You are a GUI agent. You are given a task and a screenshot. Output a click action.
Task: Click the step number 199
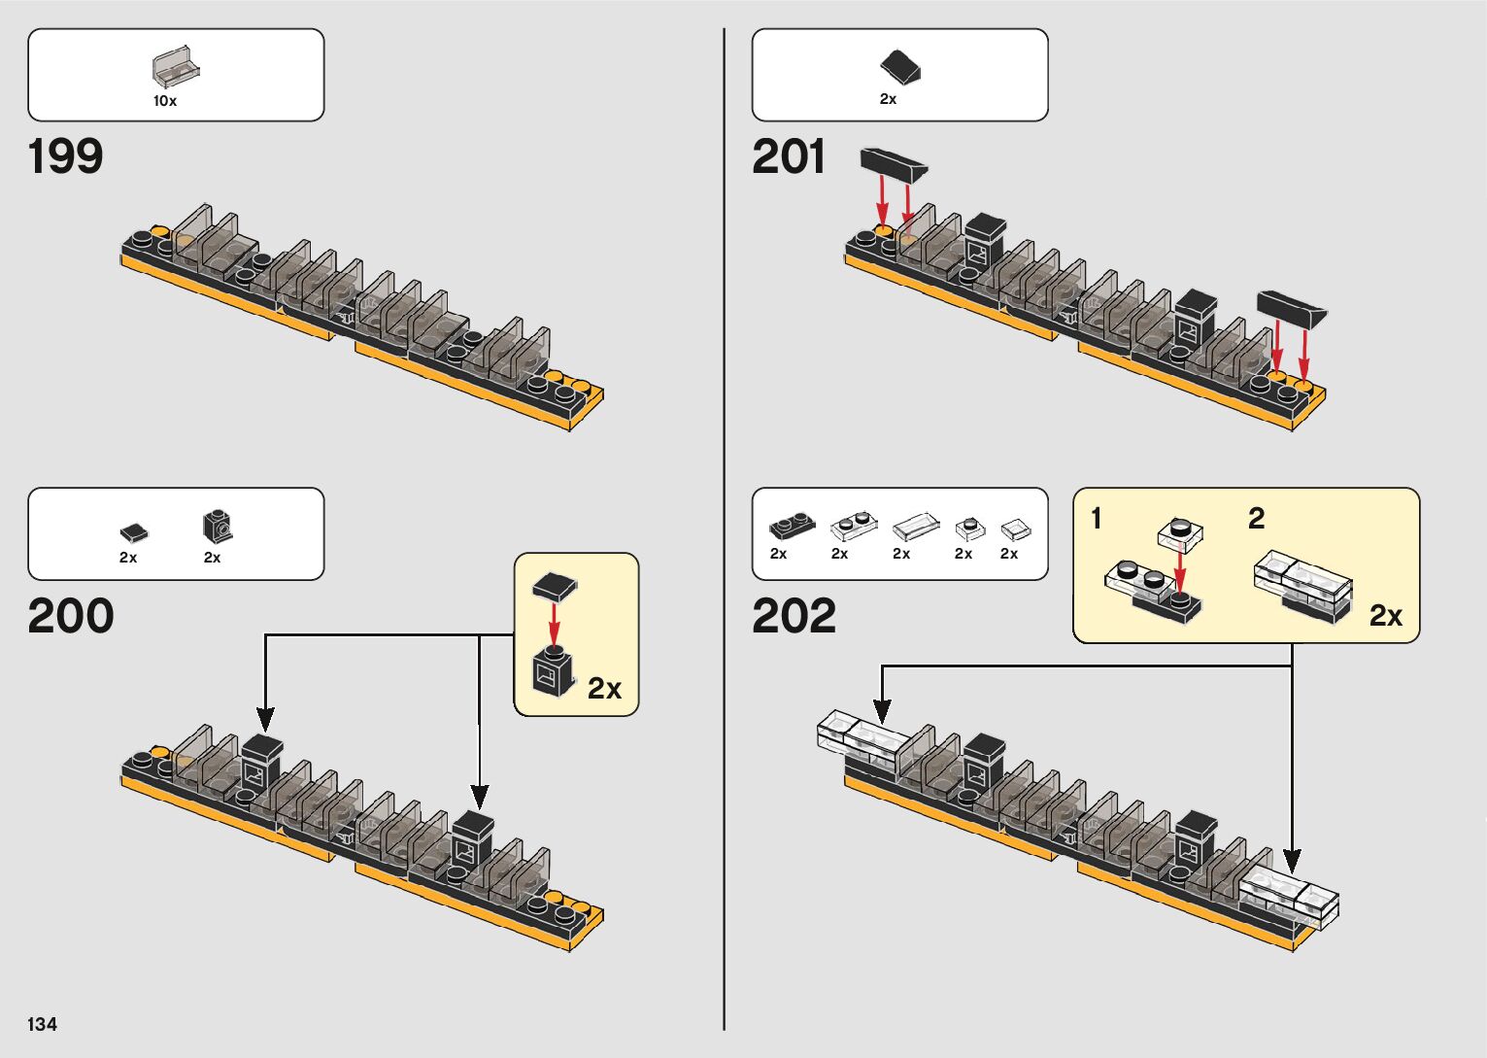(65, 156)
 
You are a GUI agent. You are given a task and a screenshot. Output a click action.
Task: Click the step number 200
(71, 616)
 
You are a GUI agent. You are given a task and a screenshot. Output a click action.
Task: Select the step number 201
(789, 156)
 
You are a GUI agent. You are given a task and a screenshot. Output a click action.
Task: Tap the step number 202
(794, 616)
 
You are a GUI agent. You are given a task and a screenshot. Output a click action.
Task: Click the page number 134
(43, 1024)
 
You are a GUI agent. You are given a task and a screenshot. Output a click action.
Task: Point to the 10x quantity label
(165, 101)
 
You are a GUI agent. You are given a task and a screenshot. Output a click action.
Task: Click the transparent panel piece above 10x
(176, 66)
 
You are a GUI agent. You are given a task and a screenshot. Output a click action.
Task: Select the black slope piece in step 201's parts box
(900, 67)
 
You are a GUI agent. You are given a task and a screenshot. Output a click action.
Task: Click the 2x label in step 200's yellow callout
(604, 688)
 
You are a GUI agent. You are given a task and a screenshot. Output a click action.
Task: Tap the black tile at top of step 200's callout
(555, 586)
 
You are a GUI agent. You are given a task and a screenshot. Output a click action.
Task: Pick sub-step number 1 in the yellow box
(1097, 519)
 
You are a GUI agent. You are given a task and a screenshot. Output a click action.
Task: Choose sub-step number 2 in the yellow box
(1256, 519)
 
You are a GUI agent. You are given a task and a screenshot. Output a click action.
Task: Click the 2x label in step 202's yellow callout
(1385, 616)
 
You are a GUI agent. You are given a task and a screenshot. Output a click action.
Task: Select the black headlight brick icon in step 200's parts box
(218, 526)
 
